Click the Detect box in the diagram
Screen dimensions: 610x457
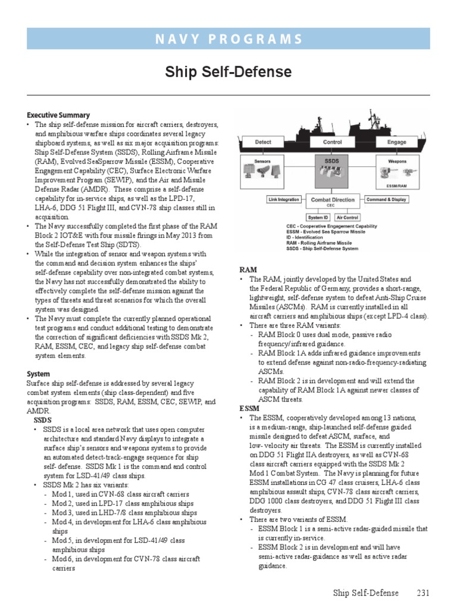tap(263, 142)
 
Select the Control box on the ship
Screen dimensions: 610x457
tap(332, 142)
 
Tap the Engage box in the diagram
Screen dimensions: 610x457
tap(396, 142)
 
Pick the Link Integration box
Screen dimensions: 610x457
tap(284, 200)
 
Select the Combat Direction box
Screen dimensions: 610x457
tap(333, 201)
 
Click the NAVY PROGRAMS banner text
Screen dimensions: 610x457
tap(228, 39)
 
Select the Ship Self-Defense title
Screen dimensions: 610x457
tap(228, 72)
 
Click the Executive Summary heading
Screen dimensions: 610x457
tap(58, 115)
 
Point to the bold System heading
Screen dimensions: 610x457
tap(38, 374)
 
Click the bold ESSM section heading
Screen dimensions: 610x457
tap(249, 409)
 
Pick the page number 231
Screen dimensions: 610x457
tap(422, 593)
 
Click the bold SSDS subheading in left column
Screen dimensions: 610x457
tap(43, 420)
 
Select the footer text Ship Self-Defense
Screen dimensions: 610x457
tap(365, 593)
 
